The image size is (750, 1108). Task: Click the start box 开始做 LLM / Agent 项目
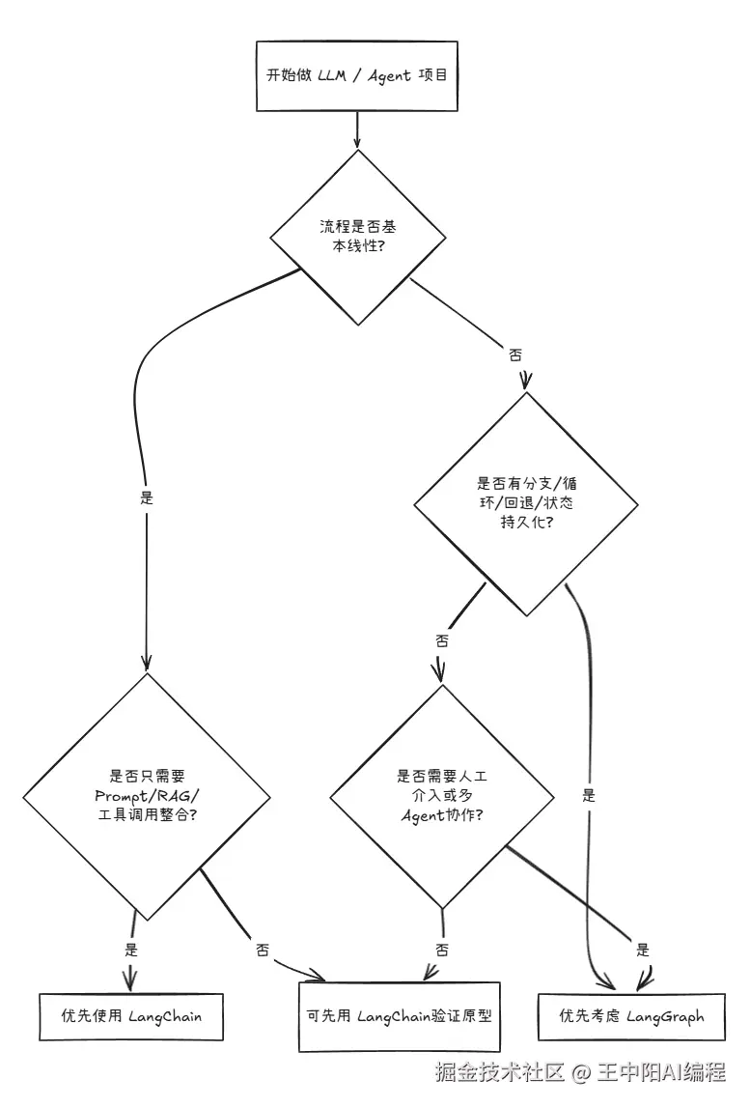pyautogui.click(x=356, y=76)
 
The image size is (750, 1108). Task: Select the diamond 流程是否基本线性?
pyautogui.click(x=358, y=238)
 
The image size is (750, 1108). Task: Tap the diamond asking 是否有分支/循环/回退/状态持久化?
pyautogui.click(x=526, y=504)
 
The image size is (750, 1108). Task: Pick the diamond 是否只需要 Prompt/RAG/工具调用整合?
pyautogui.click(x=147, y=796)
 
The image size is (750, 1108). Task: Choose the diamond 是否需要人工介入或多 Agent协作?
pyautogui.click(x=442, y=796)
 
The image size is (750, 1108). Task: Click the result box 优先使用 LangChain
pyautogui.click(x=131, y=1017)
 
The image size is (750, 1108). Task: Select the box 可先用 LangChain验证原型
pyautogui.click(x=399, y=1017)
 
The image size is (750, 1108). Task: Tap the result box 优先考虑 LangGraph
pyautogui.click(x=631, y=1017)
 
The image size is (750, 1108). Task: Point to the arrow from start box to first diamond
pyautogui.click(x=357, y=130)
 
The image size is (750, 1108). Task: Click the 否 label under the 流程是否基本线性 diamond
pyautogui.click(x=515, y=355)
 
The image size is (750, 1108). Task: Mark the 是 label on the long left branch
pyautogui.click(x=147, y=497)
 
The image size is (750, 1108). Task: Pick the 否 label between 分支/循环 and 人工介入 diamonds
pyautogui.click(x=442, y=640)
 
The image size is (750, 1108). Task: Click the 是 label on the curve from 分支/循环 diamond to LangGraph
pyautogui.click(x=589, y=796)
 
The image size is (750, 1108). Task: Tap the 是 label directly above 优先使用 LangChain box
pyautogui.click(x=131, y=950)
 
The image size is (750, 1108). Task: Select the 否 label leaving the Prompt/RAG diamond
pyautogui.click(x=263, y=951)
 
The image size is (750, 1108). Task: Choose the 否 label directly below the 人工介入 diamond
pyautogui.click(x=442, y=951)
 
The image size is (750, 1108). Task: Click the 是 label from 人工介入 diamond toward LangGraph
pyautogui.click(x=643, y=950)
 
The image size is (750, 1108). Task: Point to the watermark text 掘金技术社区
pyautogui.click(x=500, y=1072)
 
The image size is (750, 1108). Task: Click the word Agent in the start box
pyautogui.click(x=388, y=75)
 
